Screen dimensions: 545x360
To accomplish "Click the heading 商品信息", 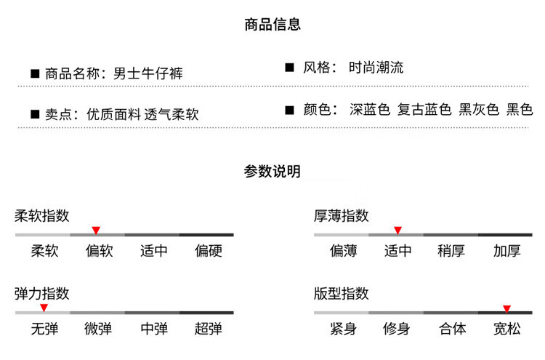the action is pyautogui.click(x=272, y=24).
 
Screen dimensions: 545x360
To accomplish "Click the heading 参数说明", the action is pyautogui.click(x=272, y=171).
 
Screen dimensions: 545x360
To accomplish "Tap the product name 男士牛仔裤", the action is pyautogui.click(x=148, y=73).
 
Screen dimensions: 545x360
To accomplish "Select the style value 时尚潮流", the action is pyautogui.click(x=376, y=68).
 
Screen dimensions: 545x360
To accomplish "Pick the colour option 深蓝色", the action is pyautogui.click(x=370, y=109).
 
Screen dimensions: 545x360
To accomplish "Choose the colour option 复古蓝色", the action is pyautogui.click(x=424, y=109).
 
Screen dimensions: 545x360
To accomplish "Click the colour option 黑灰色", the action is pyautogui.click(x=479, y=109).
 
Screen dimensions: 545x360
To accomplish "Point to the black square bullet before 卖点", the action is pyautogui.click(x=35, y=114).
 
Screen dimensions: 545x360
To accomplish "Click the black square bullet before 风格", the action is pyautogui.click(x=289, y=67).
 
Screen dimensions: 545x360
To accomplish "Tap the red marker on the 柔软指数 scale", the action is pyautogui.click(x=96, y=231).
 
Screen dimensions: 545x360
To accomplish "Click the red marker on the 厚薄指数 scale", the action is pyautogui.click(x=398, y=231).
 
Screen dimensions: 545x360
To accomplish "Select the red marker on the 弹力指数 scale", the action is pyautogui.click(x=44, y=308).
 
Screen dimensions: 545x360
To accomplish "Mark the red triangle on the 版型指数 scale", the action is pyautogui.click(x=506, y=309).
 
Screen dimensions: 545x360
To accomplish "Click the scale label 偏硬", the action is pyautogui.click(x=209, y=251).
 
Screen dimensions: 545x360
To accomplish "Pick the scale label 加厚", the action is pyautogui.click(x=506, y=251).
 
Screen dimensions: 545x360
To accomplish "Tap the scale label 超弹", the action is pyautogui.click(x=209, y=329).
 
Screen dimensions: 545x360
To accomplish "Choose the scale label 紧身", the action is pyautogui.click(x=344, y=329).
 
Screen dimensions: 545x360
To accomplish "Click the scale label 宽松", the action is pyautogui.click(x=507, y=329).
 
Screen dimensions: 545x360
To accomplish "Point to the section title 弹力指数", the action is pyautogui.click(x=41, y=294).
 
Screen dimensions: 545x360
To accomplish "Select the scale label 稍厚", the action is pyautogui.click(x=451, y=251).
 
